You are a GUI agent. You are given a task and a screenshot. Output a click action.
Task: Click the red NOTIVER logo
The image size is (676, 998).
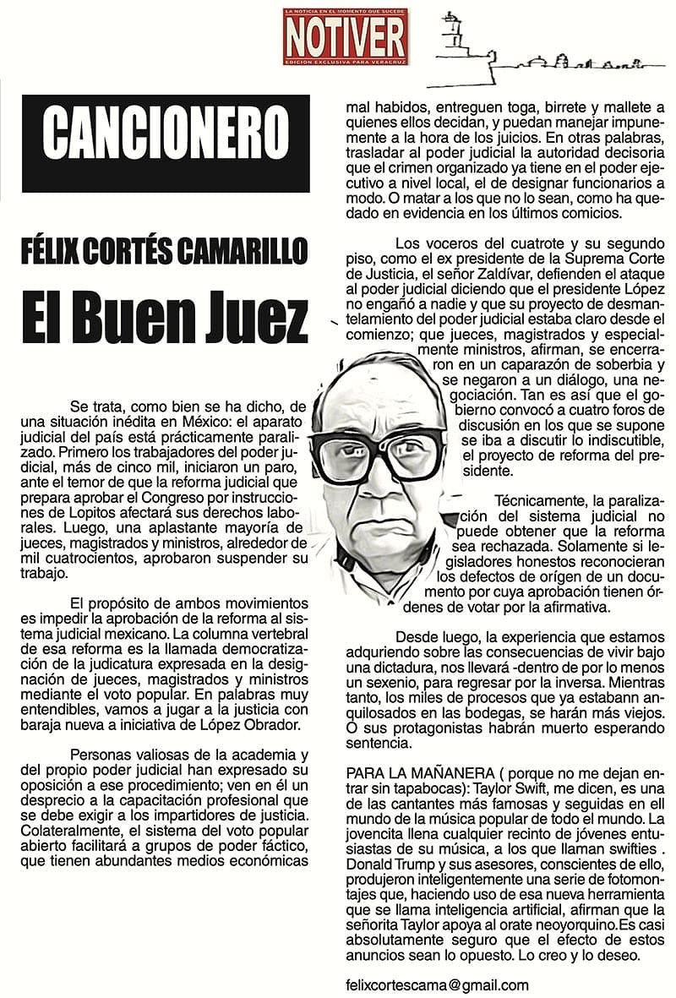click(x=345, y=35)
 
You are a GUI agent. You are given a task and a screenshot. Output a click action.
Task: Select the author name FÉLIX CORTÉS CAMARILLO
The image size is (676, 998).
click(x=165, y=251)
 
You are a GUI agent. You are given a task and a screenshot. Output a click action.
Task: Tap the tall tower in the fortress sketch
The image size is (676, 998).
click(x=448, y=38)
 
